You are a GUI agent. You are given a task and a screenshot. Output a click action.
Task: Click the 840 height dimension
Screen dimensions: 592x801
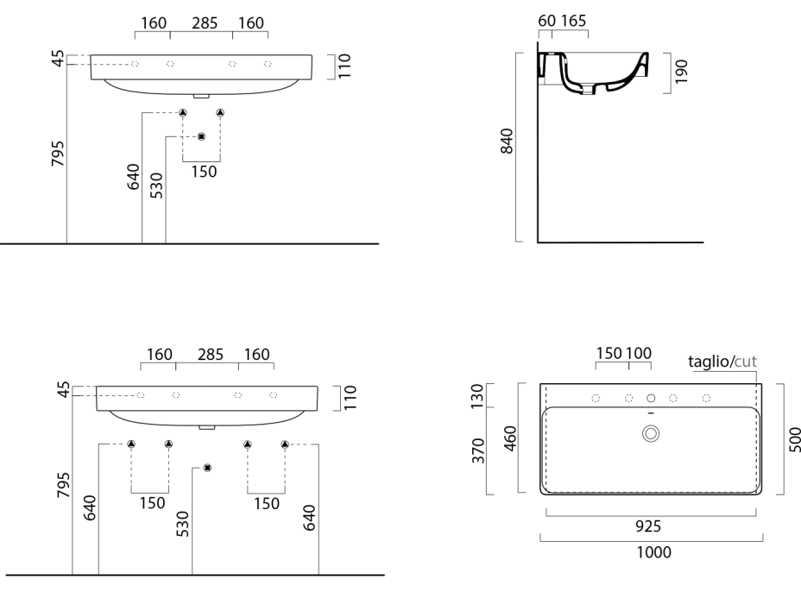(508, 142)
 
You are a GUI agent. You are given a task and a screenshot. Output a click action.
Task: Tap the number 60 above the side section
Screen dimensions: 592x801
(546, 20)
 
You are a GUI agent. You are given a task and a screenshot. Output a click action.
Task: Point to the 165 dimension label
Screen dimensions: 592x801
(573, 20)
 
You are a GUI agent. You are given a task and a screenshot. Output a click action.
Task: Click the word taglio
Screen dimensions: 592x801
(709, 362)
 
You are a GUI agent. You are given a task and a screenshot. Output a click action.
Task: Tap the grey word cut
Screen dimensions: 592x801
(745, 362)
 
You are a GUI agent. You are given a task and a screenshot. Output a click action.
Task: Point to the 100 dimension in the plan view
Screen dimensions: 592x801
(639, 354)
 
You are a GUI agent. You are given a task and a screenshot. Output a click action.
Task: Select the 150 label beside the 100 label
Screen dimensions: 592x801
(610, 354)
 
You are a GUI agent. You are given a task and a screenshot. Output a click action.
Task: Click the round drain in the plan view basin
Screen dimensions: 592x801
(651, 434)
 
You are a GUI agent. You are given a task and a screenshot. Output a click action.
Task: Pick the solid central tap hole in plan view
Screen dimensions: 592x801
(651, 398)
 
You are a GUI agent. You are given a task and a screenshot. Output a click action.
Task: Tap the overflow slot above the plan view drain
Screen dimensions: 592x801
(651, 415)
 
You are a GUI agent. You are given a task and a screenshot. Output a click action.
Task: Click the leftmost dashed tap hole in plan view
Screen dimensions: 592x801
(596, 398)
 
